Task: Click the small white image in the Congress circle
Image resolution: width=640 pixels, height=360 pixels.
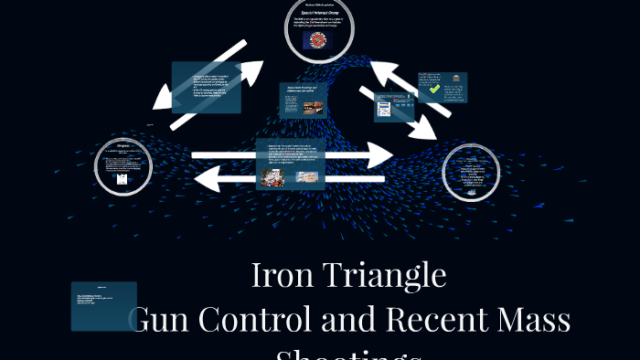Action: point(123,181)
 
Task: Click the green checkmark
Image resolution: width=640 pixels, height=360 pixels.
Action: point(434,89)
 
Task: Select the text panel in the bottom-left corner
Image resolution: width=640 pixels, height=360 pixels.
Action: point(103,305)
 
